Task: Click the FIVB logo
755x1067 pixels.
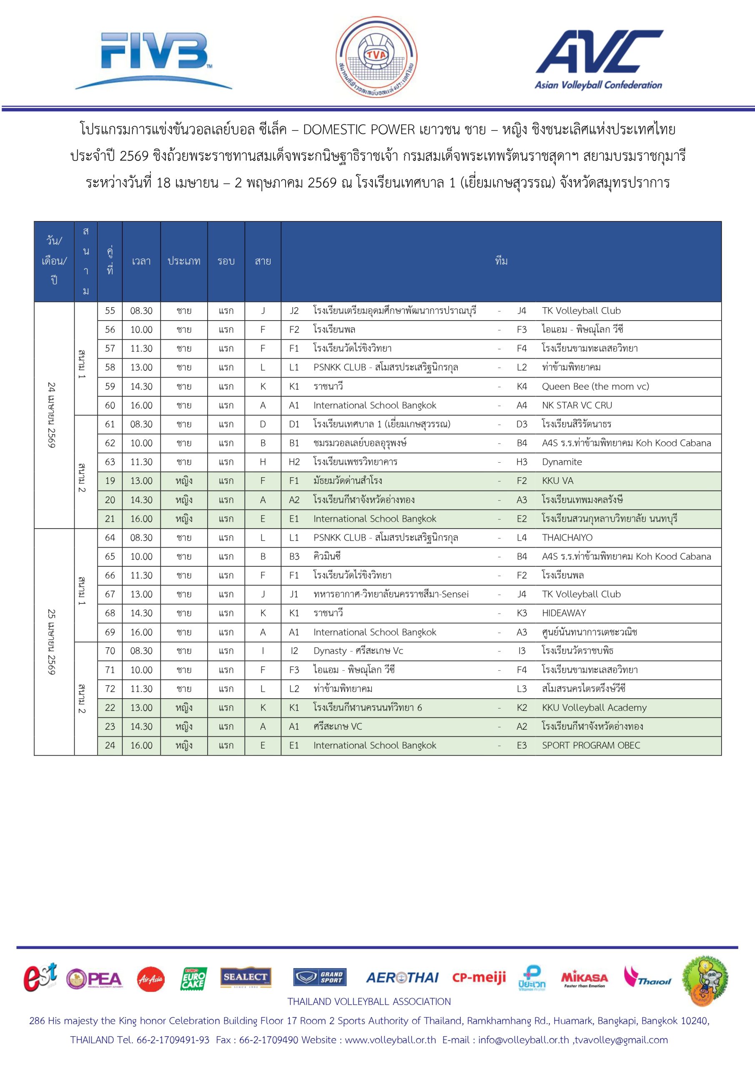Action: pyautogui.click(x=153, y=60)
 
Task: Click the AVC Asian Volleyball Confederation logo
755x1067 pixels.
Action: pyautogui.click(x=599, y=59)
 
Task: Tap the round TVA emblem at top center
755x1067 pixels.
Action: pyautogui.click(x=376, y=57)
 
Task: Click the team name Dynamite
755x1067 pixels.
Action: pyautogui.click(x=562, y=462)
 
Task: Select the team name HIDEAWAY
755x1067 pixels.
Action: pyautogui.click(x=564, y=613)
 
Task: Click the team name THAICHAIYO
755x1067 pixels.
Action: pyautogui.click(x=567, y=538)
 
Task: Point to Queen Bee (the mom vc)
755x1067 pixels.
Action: pyautogui.click(x=595, y=386)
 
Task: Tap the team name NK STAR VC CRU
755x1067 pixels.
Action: pyautogui.click(x=577, y=405)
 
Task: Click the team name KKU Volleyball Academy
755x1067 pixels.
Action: pyautogui.click(x=594, y=707)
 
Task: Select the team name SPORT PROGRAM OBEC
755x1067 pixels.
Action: pyautogui.click(x=590, y=745)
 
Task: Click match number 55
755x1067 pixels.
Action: pyautogui.click(x=110, y=311)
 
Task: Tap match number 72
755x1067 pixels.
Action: pyautogui.click(x=110, y=689)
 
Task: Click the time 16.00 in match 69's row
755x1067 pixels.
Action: pyautogui.click(x=141, y=632)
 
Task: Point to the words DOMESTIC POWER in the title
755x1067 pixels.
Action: pyautogui.click(x=359, y=130)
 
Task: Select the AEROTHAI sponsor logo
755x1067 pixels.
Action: pyautogui.click(x=402, y=978)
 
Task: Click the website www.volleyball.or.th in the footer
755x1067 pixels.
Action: pyautogui.click(x=390, y=1040)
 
